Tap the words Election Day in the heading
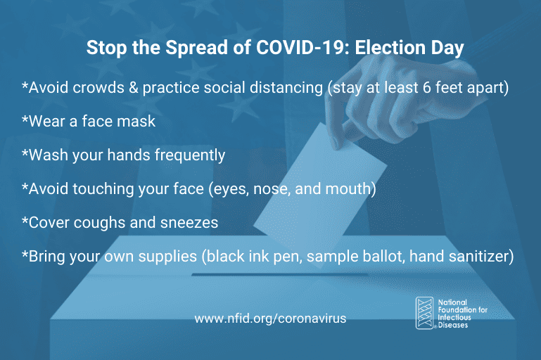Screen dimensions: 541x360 click(409, 49)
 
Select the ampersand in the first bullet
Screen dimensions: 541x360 click(133, 88)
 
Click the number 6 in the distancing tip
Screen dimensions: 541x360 click(427, 88)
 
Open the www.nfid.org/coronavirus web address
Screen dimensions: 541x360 click(270, 319)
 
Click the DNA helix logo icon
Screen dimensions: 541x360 click(424, 313)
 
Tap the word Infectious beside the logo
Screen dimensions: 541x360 click(454, 317)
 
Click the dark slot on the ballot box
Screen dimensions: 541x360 click(279, 274)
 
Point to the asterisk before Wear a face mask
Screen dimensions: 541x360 click(25, 119)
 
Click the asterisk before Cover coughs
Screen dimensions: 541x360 click(25, 220)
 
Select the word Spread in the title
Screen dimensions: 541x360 click(197, 49)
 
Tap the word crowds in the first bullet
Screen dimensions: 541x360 click(98, 88)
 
